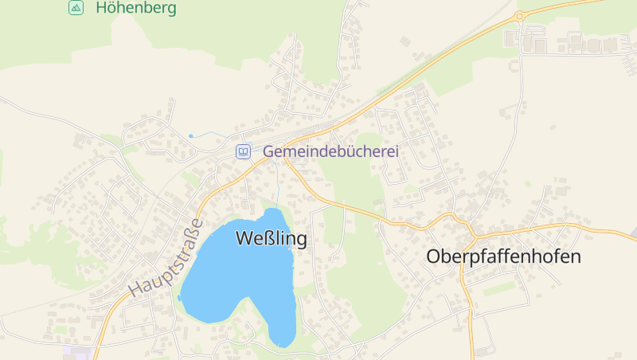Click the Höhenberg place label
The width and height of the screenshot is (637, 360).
click(135, 9)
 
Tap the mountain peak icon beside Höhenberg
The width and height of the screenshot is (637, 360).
click(76, 8)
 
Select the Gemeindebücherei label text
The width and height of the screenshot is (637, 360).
click(330, 151)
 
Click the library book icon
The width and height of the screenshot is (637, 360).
click(243, 151)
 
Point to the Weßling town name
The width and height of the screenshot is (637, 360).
click(271, 238)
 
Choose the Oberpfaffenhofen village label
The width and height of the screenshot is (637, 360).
click(504, 257)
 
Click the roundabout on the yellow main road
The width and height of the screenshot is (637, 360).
click(521, 15)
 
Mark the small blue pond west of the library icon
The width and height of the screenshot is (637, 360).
click(191, 136)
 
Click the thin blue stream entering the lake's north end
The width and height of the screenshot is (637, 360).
click(278, 187)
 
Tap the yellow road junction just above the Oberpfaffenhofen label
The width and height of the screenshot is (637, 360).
click(473, 235)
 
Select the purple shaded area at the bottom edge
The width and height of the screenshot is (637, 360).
click(76, 350)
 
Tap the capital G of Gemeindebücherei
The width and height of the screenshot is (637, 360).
click(268, 151)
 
